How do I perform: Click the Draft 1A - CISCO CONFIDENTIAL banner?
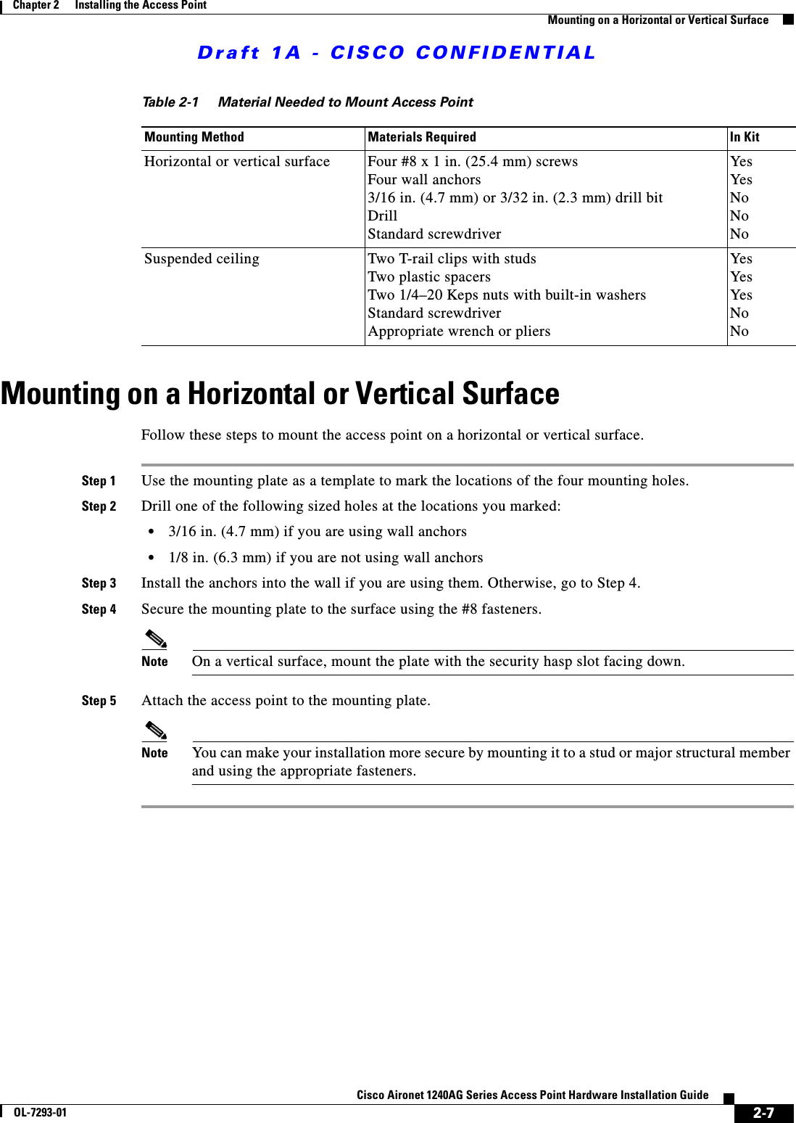tap(397, 53)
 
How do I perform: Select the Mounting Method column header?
tap(194, 137)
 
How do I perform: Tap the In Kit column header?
tap(745, 137)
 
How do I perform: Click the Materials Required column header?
tap(422, 137)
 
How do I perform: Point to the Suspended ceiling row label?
tap(202, 259)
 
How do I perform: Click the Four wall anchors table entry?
tap(424, 180)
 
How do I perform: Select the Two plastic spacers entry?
tap(428, 277)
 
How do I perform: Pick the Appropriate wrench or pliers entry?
tap(459, 332)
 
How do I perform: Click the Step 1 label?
tap(99, 481)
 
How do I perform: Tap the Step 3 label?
tap(99, 583)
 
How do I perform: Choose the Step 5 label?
tap(99, 701)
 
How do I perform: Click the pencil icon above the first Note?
tap(156, 640)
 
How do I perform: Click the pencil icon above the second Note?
tap(156, 731)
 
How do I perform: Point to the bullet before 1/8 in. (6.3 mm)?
tap(151, 558)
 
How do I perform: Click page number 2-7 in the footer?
tap(763, 1113)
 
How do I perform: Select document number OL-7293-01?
tap(40, 1113)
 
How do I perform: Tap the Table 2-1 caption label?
tap(170, 102)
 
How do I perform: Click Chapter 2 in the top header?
tap(36, 5)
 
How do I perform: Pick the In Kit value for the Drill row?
tap(739, 216)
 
